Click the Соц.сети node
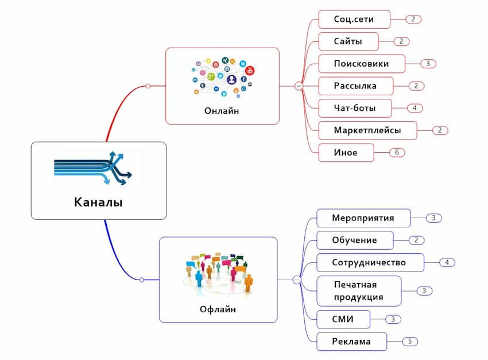click(354, 19)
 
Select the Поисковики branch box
click(361, 64)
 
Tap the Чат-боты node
click(354, 108)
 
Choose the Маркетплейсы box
click(367, 130)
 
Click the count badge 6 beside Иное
click(397, 153)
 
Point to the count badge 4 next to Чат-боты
click(414, 108)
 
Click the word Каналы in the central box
click(98, 202)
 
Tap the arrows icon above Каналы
click(98, 169)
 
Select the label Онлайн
click(222, 111)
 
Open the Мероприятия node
click(363, 218)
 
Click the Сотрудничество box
click(369, 262)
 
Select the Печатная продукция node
click(358, 291)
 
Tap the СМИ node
click(343, 319)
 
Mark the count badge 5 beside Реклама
click(410, 342)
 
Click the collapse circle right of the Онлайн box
click(299, 86)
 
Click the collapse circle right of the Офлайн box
click(297, 280)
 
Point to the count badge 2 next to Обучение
click(416, 240)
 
